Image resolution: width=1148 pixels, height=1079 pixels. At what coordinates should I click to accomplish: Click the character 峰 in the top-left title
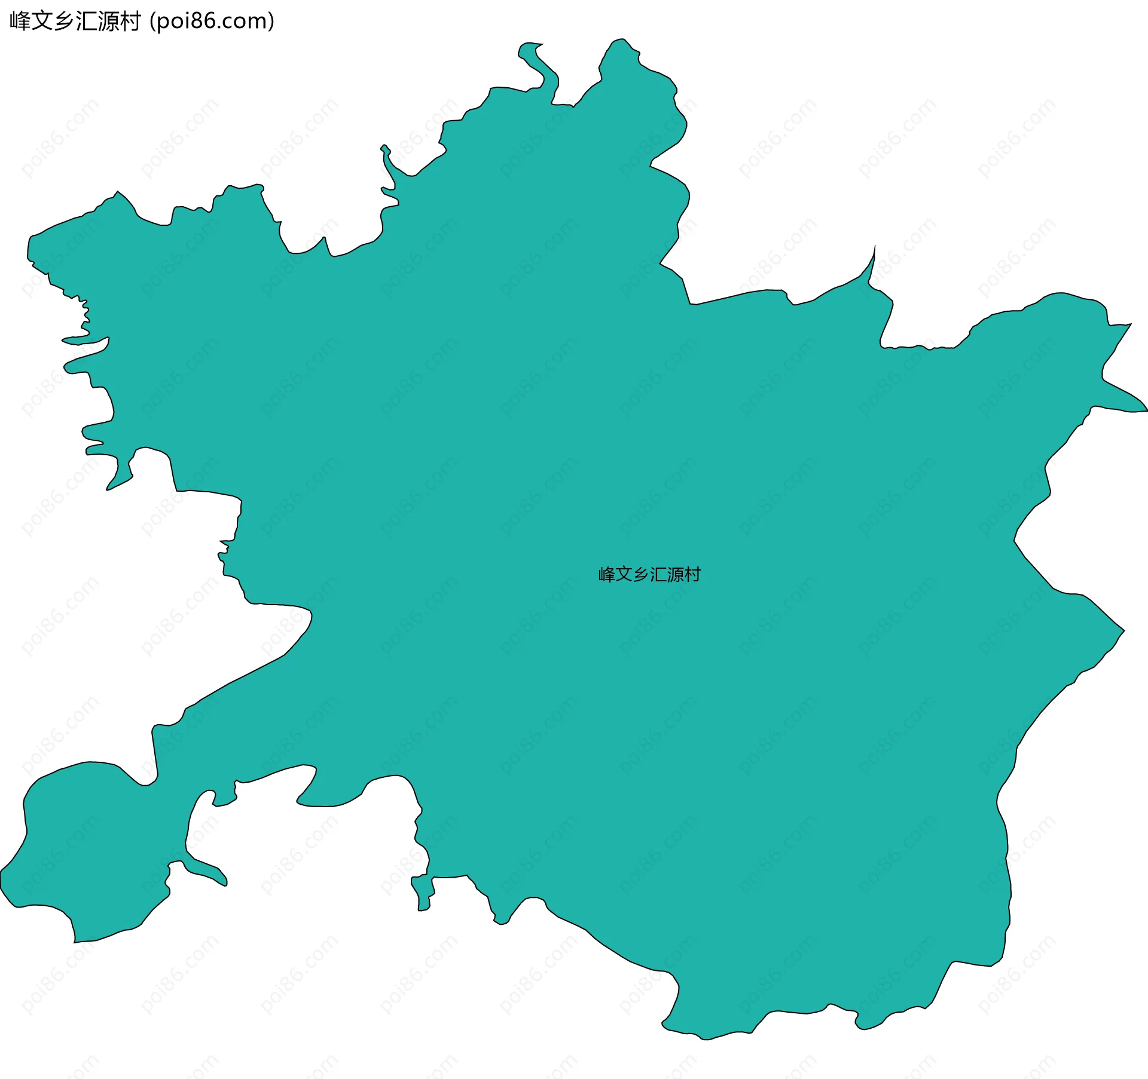pyautogui.click(x=20, y=22)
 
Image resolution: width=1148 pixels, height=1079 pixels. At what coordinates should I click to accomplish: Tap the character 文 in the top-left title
pyautogui.click(x=42, y=22)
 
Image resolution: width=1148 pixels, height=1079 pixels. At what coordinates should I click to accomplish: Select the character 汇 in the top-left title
pyautogui.click(x=87, y=22)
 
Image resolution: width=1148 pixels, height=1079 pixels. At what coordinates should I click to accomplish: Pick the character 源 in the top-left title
pyautogui.click(x=109, y=22)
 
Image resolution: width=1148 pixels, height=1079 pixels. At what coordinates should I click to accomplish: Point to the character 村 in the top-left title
pyautogui.click(x=130, y=22)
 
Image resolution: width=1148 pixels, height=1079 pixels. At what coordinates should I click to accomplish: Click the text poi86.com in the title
pyautogui.click(x=212, y=22)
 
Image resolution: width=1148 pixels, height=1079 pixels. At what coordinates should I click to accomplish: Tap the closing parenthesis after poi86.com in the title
pyautogui.click(x=271, y=22)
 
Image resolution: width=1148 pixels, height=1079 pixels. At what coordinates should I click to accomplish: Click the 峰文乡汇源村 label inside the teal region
pyautogui.click(x=649, y=575)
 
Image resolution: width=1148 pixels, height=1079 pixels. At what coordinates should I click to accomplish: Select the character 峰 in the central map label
pyautogui.click(x=607, y=575)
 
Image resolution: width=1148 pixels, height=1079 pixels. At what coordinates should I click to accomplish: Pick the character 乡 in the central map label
pyautogui.click(x=641, y=575)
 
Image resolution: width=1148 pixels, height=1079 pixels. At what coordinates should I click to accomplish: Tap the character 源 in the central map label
pyautogui.click(x=675, y=575)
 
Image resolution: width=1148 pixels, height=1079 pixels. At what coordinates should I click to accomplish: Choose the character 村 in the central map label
pyautogui.click(x=692, y=575)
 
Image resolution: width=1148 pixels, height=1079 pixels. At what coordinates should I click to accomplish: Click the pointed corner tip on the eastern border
pyautogui.click(x=1123, y=630)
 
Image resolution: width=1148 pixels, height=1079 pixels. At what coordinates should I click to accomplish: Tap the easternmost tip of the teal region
pyautogui.click(x=1146, y=410)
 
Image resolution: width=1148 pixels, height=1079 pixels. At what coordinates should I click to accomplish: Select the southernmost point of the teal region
pyautogui.click(x=706, y=1039)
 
